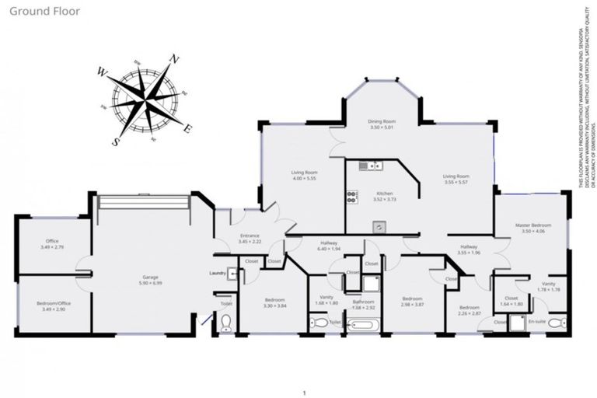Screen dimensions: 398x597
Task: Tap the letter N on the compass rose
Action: [176, 59]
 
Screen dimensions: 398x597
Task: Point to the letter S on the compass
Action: [117, 141]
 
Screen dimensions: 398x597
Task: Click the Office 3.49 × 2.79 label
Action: [52, 244]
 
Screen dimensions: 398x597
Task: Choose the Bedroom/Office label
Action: [52, 306]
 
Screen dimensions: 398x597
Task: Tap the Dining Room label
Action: [382, 124]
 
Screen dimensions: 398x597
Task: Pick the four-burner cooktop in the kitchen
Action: [351, 197]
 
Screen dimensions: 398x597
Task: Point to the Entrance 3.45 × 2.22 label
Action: [250, 239]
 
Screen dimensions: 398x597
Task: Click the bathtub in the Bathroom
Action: [363, 323]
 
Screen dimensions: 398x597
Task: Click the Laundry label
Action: [217, 274]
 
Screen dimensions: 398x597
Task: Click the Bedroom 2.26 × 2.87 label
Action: [469, 309]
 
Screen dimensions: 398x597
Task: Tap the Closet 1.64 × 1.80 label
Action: [511, 300]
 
